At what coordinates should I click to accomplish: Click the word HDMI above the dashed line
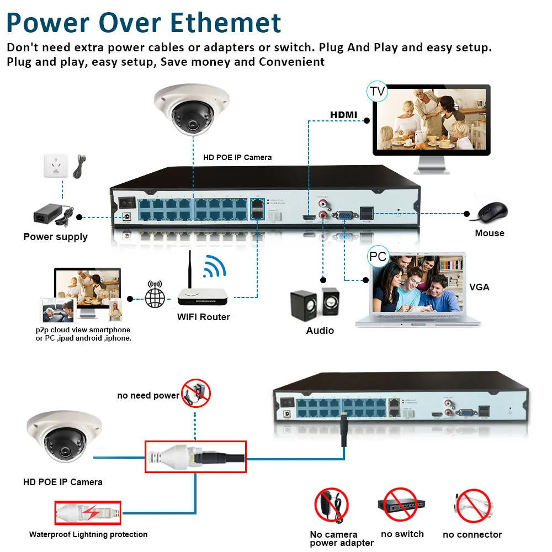343,115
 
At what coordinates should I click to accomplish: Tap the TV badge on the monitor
378,91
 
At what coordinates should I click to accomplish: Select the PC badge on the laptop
378,257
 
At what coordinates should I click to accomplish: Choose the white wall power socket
56,166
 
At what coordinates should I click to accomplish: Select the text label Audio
320,330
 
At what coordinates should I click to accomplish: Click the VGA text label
479,287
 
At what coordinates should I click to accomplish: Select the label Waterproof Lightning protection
88,534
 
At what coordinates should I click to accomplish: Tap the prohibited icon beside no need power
197,392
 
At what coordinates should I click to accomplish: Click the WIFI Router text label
203,317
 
